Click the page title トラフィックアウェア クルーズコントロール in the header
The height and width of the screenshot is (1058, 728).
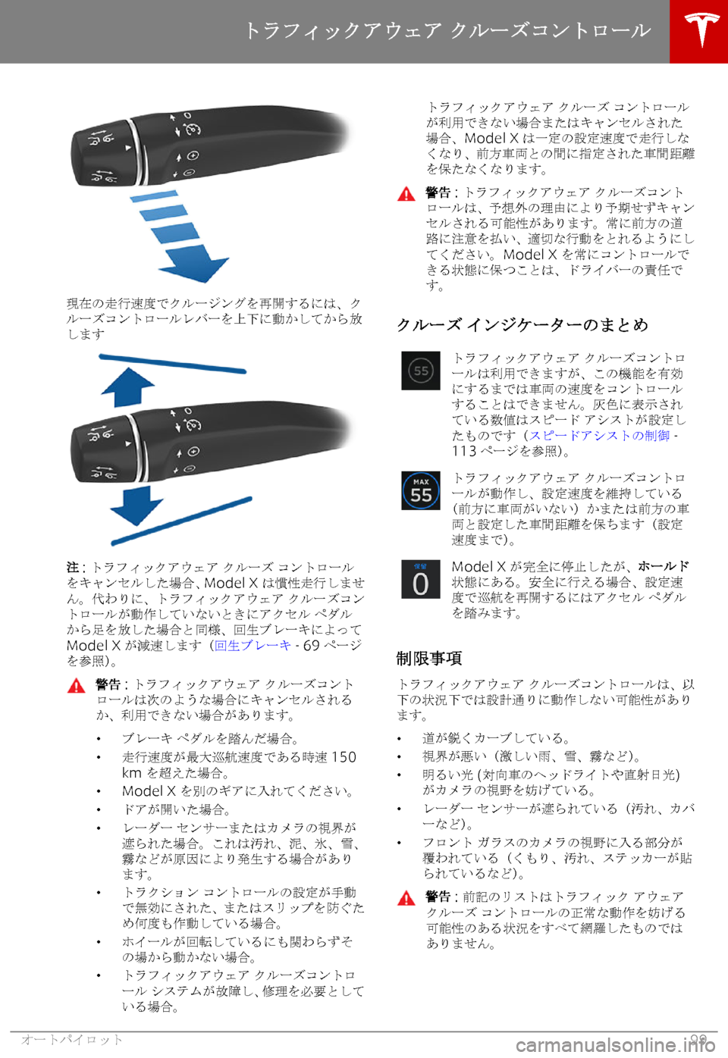[x=447, y=30]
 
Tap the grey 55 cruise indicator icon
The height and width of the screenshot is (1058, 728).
[x=421, y=371]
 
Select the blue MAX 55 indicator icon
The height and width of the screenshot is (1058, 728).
[x=421, y=490]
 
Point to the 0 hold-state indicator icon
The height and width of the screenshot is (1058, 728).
[x=421, y=580]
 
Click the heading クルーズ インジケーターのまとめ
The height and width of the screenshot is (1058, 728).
[x=522, y=324]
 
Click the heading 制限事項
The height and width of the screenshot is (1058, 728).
[x=429, y=658]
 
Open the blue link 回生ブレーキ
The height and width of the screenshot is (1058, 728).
[x=253, y=646]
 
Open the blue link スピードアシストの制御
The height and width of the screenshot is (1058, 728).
[x=599, y=435]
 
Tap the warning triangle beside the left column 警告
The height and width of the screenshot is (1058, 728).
[x=76, y=686]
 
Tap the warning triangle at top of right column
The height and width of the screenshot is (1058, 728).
[x=406, y=194]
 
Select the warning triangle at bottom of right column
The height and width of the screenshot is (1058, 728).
[x=406, y=899]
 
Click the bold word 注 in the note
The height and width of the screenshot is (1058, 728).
[x=73, y=568]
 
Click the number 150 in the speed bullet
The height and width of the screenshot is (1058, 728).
[x=344, y=757]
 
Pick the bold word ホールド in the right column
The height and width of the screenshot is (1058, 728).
[x=663, y=566]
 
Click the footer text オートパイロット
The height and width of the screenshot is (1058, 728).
[x=72, y=1040]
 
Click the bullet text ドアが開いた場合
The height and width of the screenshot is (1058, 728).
[x=176, y=809]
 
